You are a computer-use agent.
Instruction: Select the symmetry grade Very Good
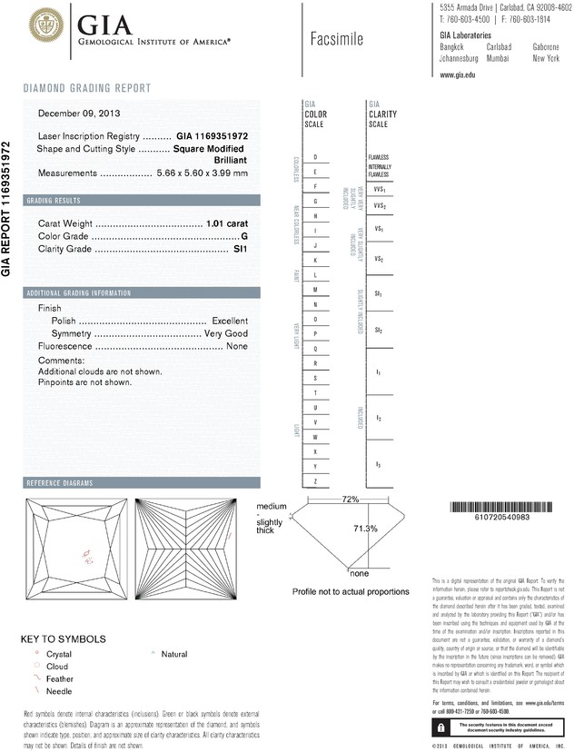225,333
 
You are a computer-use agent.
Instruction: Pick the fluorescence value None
237,347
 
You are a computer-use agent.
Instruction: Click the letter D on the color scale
314,157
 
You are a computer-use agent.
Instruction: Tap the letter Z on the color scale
314,480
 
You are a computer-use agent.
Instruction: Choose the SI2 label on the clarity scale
378,330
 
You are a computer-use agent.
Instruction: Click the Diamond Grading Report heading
86,89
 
